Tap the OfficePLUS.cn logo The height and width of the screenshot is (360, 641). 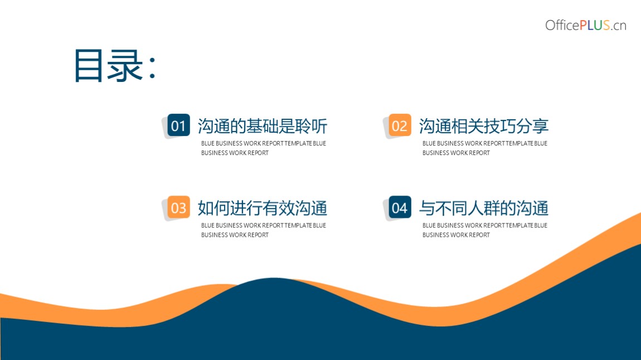click(x=585, y=25)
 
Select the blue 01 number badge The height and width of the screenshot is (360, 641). click(x=179, y=125)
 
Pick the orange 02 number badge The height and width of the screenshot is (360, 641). click(x=400, y=125)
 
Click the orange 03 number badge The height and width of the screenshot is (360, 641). click(x=179, y=207)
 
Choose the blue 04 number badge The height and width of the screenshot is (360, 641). click(x=400, y=207)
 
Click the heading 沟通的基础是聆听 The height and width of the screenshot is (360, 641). click(x=263, y=126)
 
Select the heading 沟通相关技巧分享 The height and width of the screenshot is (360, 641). click(x=484, y=126)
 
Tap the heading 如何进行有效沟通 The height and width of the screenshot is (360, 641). click(x=263, y=208)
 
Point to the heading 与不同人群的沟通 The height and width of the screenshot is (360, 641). click(x=484, y=208)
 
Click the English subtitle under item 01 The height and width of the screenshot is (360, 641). click(x=264, y=148)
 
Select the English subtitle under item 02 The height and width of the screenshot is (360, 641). click(x=485, y=148)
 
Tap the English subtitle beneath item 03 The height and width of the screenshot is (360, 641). click(x=264, y=230)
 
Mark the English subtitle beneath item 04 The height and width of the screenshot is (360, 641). click(x=485, y=230)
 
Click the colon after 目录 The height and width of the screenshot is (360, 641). click(x=153, y=67)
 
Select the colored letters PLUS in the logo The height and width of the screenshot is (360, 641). click(x=595, y=25)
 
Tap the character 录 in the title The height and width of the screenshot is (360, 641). click(x=125, y=65)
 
